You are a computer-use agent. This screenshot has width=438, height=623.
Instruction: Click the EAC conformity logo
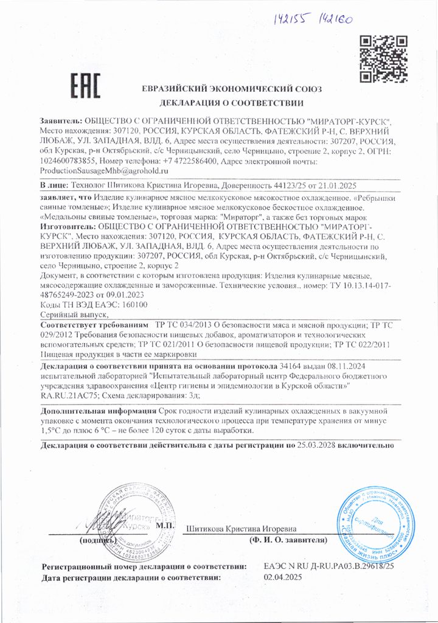click(x=85, y=87)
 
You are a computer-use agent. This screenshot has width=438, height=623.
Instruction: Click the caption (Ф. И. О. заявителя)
click(x=288, y=540)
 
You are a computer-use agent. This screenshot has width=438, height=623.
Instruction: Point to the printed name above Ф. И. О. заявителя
click(x=242, y=527)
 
